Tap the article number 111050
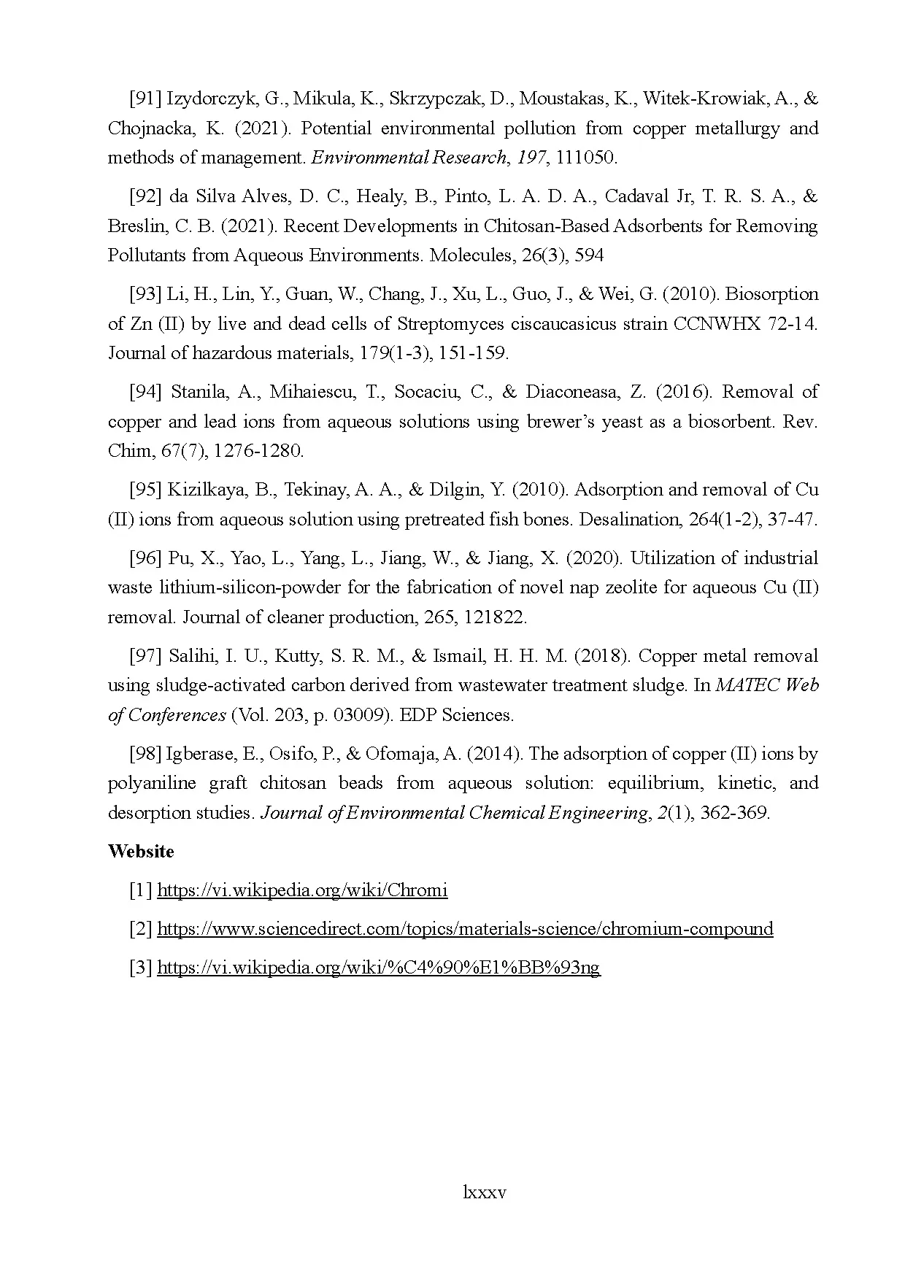click(x=586, y=158)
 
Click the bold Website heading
click(x=141, y=852)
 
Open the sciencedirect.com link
click(x=465, y=929)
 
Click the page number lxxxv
click(x=484, y=1193)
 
